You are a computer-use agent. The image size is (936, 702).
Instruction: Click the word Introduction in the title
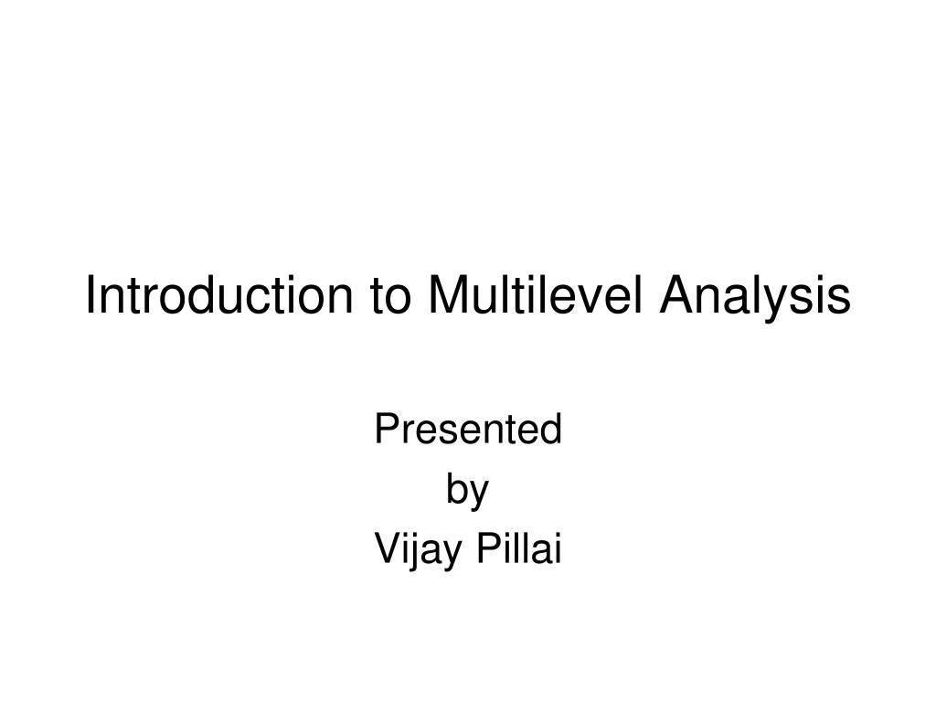[219, 294]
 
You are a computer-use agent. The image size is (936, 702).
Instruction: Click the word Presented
[469, 429]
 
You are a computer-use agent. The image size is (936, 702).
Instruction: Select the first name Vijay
[419, 550]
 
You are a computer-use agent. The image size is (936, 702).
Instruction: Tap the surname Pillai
[519, 548]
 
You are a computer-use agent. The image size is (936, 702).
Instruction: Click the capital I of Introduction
[90, 294]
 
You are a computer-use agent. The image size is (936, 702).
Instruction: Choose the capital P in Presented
[388, 429]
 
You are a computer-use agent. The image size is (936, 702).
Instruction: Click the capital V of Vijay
[389, 548]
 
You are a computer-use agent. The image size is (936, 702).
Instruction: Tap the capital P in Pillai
[489, 548]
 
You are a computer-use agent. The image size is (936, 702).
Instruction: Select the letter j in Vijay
[416, 553]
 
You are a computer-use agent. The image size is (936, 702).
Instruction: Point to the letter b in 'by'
[457, 490]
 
